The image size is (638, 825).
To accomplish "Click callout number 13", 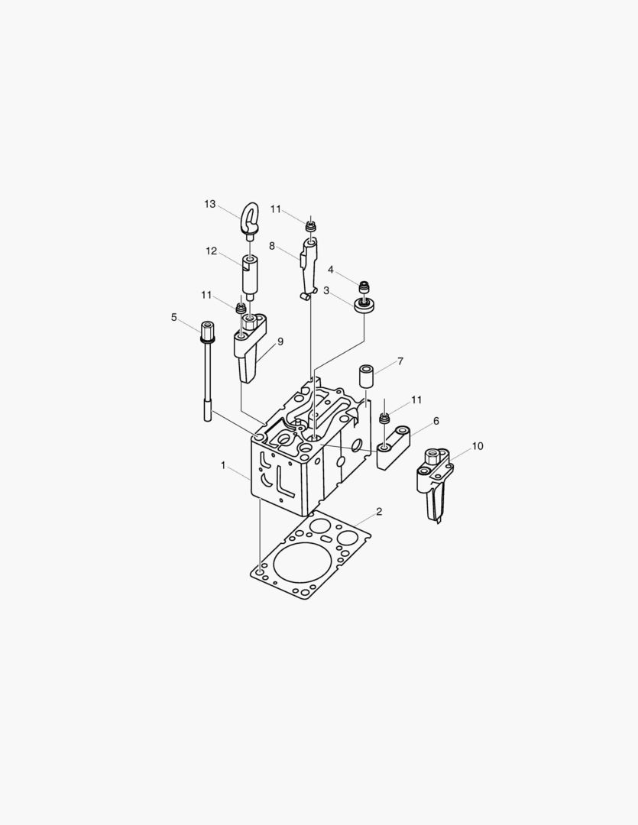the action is (x=210, y=204).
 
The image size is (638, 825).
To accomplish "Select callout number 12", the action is (x=211, y=251).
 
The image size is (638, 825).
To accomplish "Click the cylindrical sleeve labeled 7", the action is (x=367, y=377).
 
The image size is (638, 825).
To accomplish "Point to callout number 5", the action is (x=173, y=317).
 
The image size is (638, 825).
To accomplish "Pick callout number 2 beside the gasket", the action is (x=379, y=511).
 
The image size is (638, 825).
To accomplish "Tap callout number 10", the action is (x=478, y=446).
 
